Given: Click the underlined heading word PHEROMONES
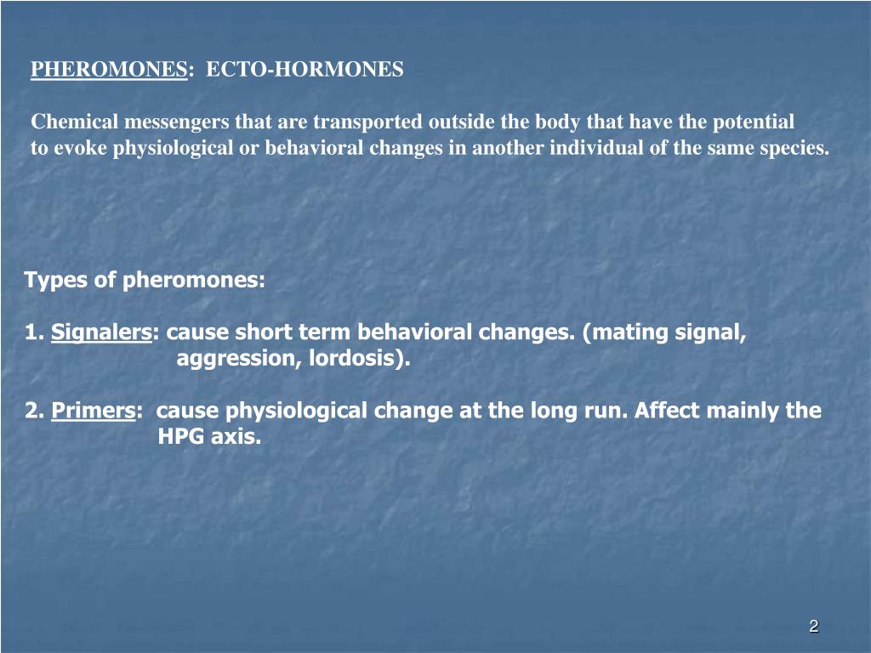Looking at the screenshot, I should [109, 70].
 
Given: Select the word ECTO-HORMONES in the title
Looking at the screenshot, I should [305, 70].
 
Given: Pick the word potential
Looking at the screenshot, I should [753, 122].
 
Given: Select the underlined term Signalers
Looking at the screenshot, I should [101, 332].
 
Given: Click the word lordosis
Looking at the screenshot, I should [358, 359].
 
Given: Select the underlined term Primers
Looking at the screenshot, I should [93, 412].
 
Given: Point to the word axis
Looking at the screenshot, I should [235, 438].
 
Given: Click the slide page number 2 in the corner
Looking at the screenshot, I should [813, 627].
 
